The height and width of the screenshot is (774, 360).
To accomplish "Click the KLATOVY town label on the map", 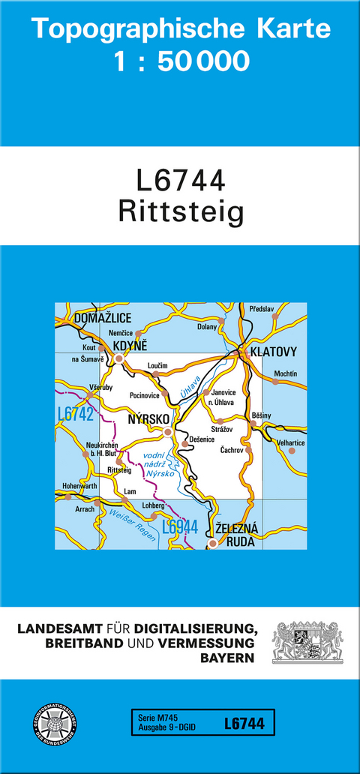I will point(274,351).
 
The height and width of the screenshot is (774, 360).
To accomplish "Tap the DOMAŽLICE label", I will point(103,319).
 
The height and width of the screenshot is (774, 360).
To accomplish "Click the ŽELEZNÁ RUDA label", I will point(235,535).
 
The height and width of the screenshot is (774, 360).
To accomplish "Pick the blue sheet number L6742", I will point(74,414).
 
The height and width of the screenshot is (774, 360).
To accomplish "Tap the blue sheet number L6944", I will point(179,527).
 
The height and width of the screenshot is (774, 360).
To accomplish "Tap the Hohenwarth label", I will point(80,485).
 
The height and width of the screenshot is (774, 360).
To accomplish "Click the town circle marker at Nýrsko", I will point(168,432).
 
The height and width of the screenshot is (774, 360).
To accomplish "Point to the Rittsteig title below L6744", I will point(181,213).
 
